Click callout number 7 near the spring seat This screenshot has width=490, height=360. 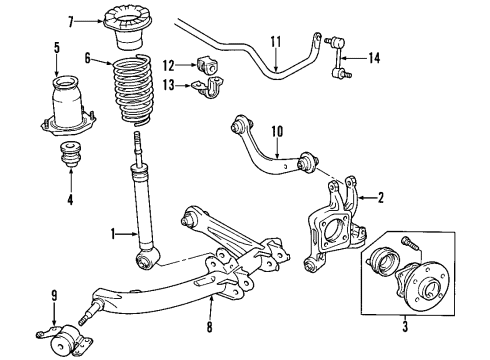click(97, 20)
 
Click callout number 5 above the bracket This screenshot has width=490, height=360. click(56, 46)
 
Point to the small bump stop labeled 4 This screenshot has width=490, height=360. click(71, 157)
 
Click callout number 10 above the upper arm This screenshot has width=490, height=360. click(251, 129)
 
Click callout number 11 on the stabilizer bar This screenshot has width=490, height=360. click(276, 41)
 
